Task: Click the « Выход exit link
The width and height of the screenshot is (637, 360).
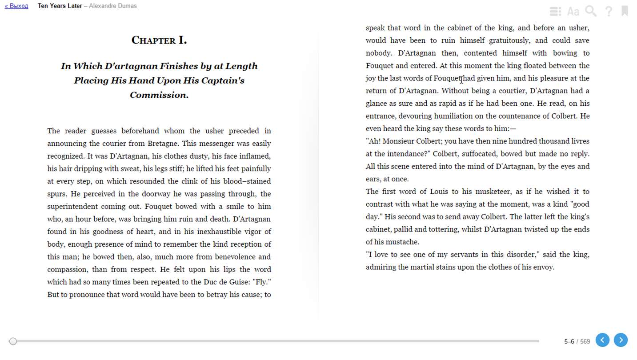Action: tap(16, 6)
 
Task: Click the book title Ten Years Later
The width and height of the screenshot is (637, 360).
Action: tap(60, 6)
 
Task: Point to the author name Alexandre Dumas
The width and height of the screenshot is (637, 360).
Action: tap(113, 6)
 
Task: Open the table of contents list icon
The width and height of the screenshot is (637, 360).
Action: tap(555, 11)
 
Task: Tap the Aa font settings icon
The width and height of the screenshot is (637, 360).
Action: tap(573, 12)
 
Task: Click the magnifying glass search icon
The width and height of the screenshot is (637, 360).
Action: tap(591, 11)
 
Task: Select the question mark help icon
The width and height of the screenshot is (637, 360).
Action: tap(609, 11)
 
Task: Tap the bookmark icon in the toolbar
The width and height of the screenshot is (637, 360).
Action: tap(625, 11)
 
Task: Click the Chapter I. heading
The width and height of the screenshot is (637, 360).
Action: tap(159, 40)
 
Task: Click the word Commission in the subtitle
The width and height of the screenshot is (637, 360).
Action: tap(159, 95)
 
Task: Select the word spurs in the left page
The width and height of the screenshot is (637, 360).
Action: tap(57, 194)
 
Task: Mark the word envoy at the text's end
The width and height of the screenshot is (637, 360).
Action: tap(542, 267)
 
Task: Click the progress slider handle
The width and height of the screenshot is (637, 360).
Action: tap(13, 341)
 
